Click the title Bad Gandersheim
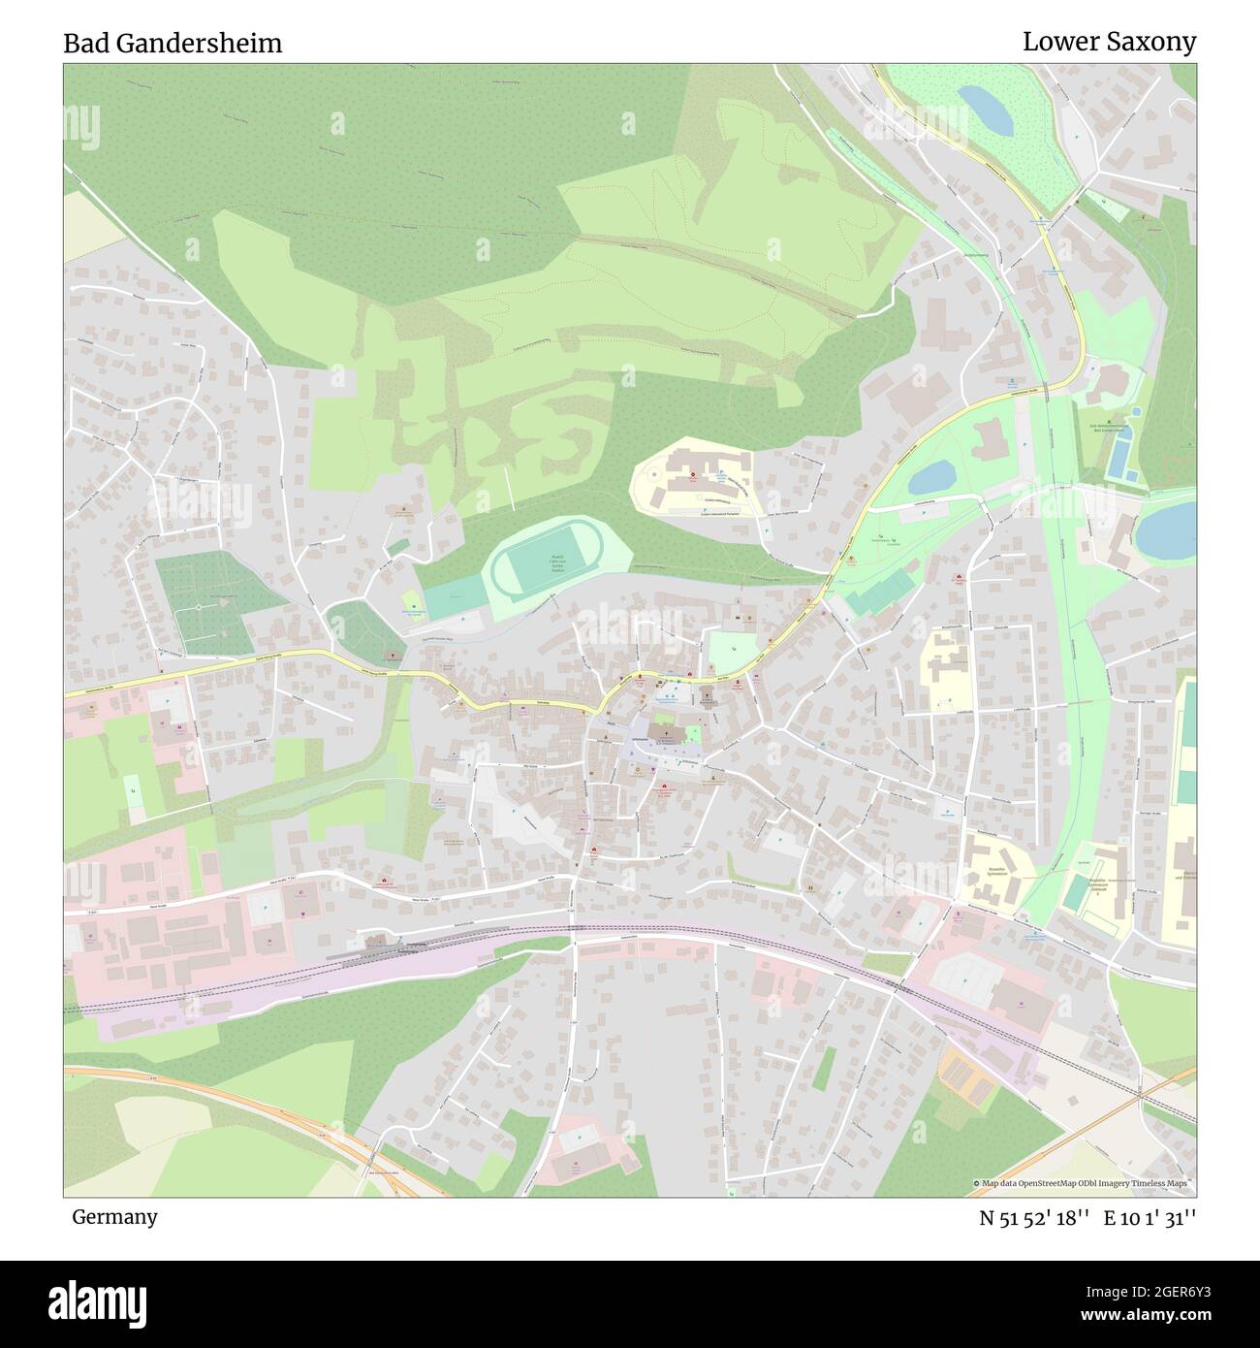(173, 44)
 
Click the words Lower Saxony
(1109, 42)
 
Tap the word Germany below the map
(114, 1216)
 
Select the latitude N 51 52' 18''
(1035, 1218)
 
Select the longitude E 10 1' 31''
(1150, 1218)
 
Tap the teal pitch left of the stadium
(454, 595)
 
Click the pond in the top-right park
(986, 111)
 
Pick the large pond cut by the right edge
(1168, 530)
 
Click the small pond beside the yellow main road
(931, 476)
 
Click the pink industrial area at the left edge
(145, 931)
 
